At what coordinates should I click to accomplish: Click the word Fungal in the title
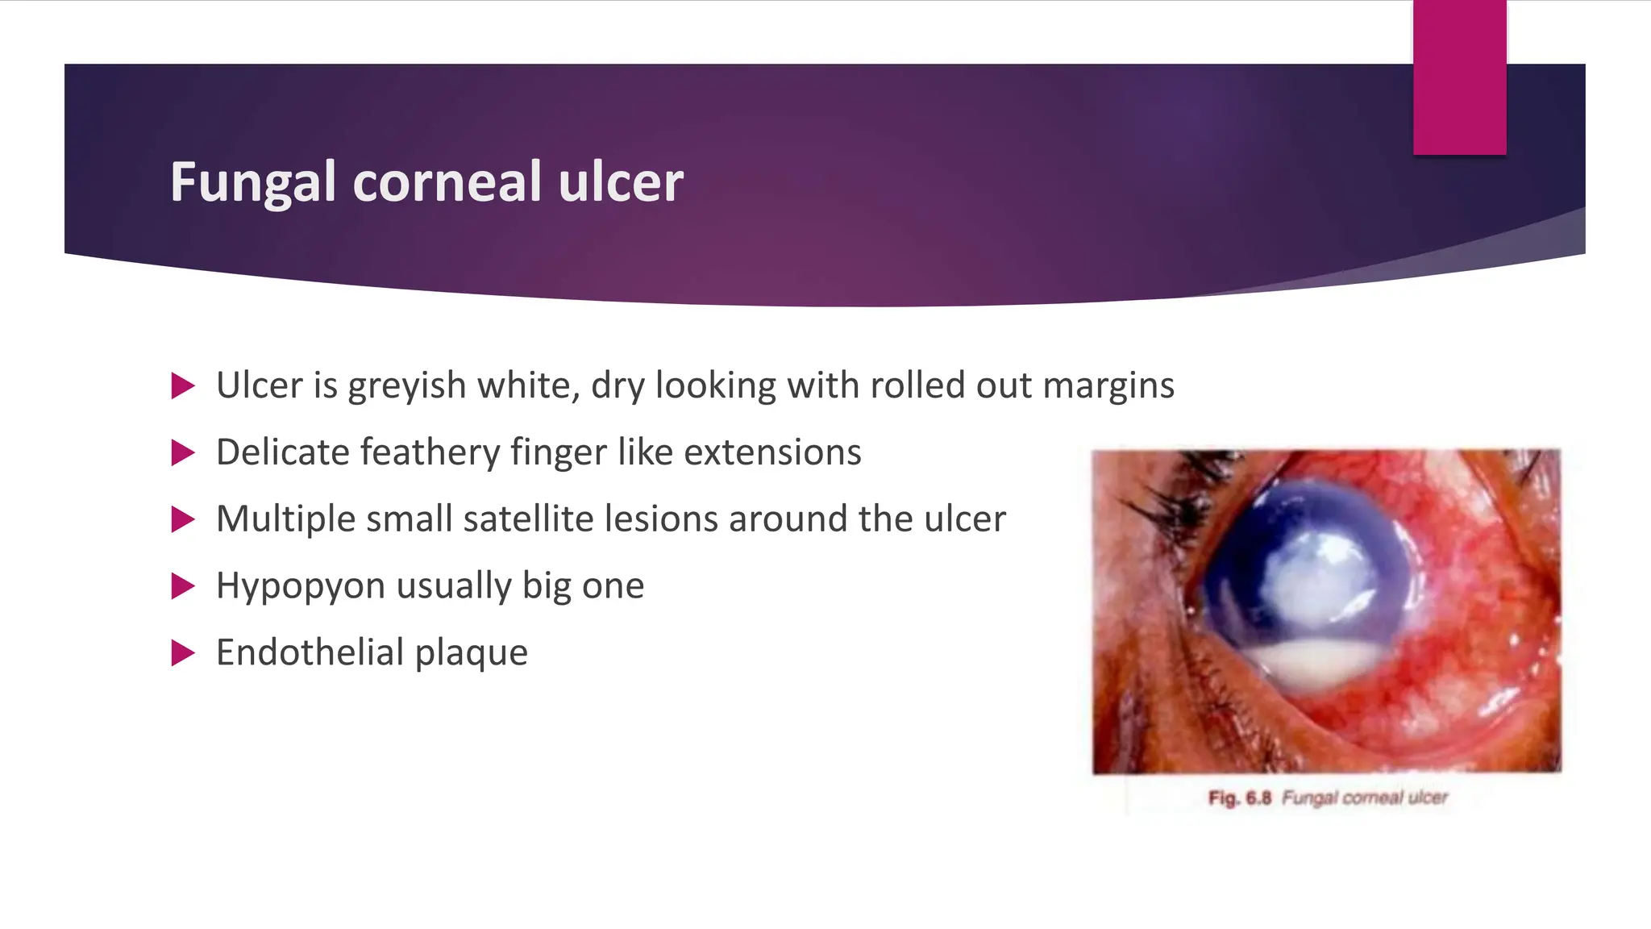click(252, 182)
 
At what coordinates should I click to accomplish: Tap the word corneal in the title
click(447, 182)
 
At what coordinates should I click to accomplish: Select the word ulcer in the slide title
click(621, 182)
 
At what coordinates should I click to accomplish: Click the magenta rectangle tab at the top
click(1459, 77)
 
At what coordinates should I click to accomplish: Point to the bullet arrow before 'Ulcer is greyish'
click(183, 386)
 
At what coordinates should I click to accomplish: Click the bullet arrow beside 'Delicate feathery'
click(183, 453)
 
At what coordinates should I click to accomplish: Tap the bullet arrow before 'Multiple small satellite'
click(183, 519)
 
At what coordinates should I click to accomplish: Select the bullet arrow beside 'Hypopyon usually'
click(183, 586)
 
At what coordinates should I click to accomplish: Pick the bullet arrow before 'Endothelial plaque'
click(183, 652)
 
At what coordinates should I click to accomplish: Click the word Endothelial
click(310, 652)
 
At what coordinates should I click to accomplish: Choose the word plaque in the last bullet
click(472, 652)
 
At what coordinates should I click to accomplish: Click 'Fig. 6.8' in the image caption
click(1239, 798)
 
